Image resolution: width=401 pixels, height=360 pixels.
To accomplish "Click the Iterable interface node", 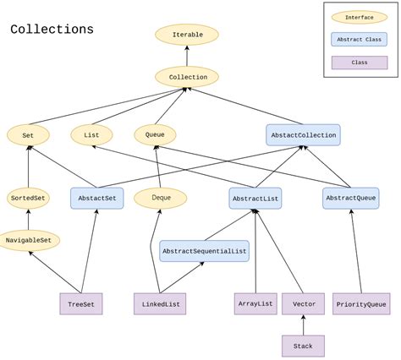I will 187,35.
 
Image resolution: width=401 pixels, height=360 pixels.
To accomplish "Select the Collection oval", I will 187,77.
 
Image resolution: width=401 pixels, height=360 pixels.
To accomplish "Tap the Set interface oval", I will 28,134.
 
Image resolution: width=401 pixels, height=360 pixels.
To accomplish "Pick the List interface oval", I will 91,134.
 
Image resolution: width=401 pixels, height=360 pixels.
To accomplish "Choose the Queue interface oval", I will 155,134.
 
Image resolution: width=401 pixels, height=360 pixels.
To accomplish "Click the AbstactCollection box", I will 303,134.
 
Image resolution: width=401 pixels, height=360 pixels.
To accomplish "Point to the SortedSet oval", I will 28,199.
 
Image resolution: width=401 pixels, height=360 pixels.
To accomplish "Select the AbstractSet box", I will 97,199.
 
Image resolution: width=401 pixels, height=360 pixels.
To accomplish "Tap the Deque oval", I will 161,198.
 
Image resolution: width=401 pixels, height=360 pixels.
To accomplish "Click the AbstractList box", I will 255,199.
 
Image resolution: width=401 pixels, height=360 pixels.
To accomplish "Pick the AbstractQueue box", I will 350,199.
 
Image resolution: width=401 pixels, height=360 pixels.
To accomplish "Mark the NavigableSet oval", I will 29,241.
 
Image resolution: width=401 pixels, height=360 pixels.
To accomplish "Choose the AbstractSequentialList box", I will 204,251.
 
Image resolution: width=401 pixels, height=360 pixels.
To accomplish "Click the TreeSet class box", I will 81,304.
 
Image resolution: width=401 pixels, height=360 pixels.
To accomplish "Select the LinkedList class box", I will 159,304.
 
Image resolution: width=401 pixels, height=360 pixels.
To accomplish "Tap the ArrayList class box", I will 255,303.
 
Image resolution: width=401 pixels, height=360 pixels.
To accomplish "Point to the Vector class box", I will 303,303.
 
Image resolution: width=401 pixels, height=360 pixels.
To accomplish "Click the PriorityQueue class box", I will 361,304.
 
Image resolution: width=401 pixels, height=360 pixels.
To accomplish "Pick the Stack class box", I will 303,346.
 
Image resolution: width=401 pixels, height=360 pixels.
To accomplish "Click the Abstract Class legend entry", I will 360,39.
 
